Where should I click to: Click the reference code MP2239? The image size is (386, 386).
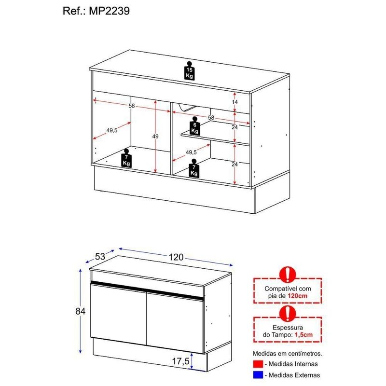coord(110,11)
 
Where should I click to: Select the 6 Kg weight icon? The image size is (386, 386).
coord(195,126)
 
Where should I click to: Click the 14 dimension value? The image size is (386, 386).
coord(235,102)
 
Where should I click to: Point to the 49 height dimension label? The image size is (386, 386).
coord(155,136)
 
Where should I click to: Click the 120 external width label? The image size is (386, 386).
coord(176,257)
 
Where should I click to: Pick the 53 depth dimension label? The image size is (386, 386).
coord(100,256)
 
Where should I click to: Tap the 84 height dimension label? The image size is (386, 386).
coord(81,311)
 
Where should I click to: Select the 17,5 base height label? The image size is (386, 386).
coord(180,361)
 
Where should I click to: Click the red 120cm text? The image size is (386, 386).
coord(297,295)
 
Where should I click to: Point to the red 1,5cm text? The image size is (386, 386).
coord(303,334)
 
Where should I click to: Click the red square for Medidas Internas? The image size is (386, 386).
coord(258,364)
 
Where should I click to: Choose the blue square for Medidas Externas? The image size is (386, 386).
coord(258,375)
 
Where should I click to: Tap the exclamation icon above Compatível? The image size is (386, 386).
coord(288,275)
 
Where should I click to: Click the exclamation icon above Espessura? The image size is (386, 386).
coord(288,314)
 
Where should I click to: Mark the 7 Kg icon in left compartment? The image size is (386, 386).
coord(126,158)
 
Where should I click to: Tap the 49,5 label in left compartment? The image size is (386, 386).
coord(112,130)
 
